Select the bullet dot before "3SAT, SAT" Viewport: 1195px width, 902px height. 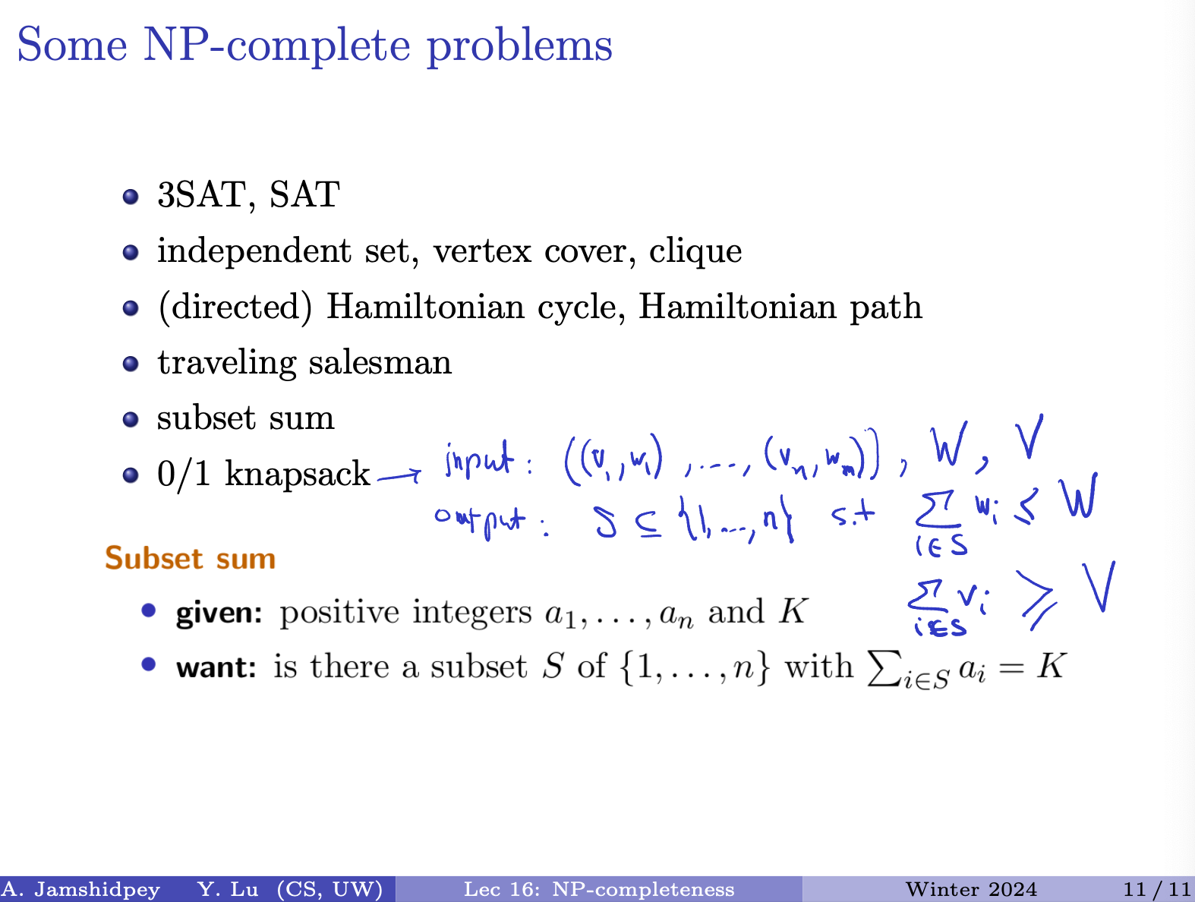point(131,197)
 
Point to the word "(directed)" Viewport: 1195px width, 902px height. point(235,307)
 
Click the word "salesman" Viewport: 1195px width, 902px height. point(380,362)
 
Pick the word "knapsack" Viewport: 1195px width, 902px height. point(298,474)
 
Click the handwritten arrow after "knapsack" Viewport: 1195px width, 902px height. point(399,476)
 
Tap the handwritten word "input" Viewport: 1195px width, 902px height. point(479,459)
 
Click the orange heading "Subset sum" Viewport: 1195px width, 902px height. point(191,558)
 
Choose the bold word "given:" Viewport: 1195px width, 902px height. point(219,613)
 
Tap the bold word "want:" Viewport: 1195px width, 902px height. point(216,667)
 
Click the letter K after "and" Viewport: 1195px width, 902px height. point(792,612)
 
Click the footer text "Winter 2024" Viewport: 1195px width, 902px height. point(971,889)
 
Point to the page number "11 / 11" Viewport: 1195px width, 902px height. point(1157,889)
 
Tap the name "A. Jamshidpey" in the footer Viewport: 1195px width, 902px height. point(80,890)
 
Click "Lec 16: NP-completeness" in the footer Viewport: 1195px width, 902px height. point(599,890)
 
